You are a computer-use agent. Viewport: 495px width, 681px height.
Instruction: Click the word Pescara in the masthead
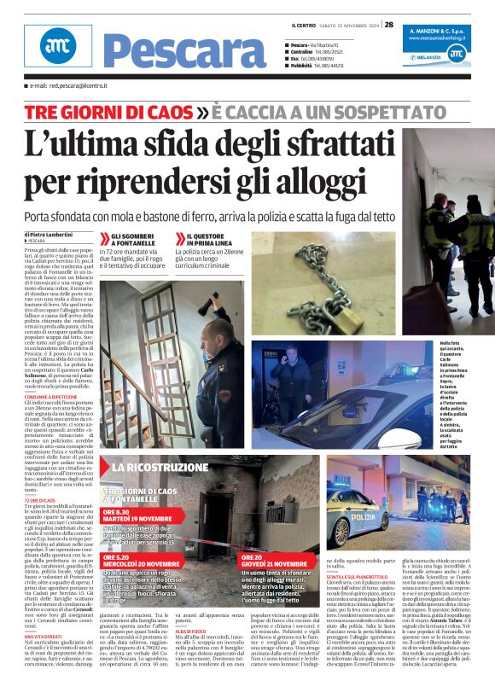coord(183,52)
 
